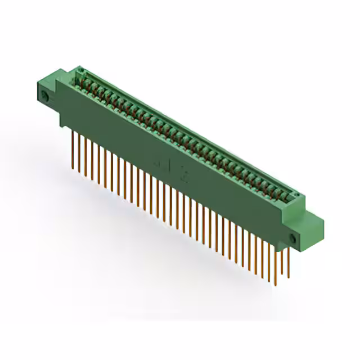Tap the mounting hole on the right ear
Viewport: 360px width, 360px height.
click(292, 238)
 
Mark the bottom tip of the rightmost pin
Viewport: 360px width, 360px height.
click(288, 280)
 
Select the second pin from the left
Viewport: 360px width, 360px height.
click(78, 152)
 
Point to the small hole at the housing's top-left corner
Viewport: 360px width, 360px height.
click(80, 70)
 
